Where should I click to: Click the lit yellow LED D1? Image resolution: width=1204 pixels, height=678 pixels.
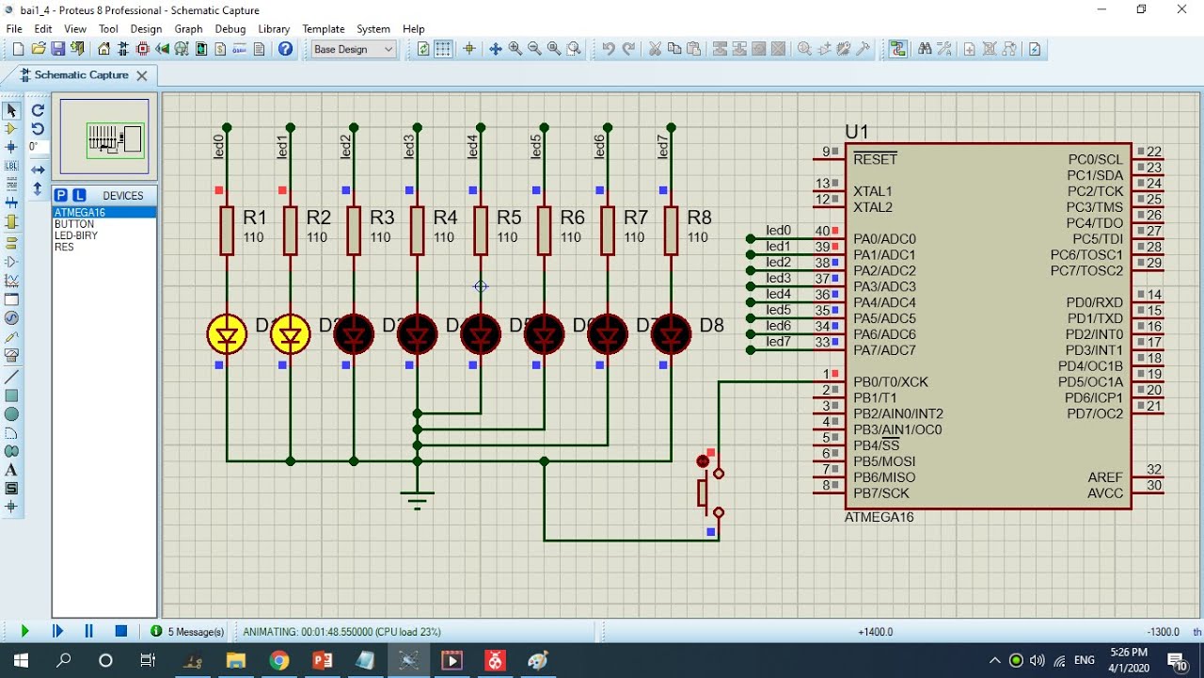click(x=227, y=334)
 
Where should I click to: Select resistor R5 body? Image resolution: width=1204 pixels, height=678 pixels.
click(x=481, y=231)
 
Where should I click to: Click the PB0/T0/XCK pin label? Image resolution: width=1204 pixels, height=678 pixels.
click(x=890, y=381)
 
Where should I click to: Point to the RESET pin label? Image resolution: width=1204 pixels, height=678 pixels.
click(x=875, y=159)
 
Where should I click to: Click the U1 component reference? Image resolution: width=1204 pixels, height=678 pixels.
click(x=857, y=132)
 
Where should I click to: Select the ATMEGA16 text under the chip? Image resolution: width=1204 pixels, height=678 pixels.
click(x=879, y=517)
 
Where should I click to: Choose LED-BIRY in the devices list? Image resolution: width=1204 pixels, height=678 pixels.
click(x=76, y=235)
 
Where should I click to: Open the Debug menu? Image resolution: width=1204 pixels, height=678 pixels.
click(x=230, y=29)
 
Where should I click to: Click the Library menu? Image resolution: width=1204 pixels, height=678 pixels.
click(x=274, y=29)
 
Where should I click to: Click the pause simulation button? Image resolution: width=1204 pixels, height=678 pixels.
click(x=88, y=631)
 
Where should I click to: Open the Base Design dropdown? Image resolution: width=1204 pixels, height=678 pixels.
click(x=354, y=49)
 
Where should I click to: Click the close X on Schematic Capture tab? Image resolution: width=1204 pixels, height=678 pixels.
click(x=142, y=75)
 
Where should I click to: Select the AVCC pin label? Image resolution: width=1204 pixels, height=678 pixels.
click(x=1104, y=493)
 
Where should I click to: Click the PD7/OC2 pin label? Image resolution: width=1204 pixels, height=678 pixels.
click(x=1095, y=413)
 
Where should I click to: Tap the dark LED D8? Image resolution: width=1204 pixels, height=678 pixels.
click(x=671, y=334)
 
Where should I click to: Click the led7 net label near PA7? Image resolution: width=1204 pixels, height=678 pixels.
click(x=778, y=341)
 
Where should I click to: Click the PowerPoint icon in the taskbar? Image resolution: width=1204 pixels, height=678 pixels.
click(x=322, y=660)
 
